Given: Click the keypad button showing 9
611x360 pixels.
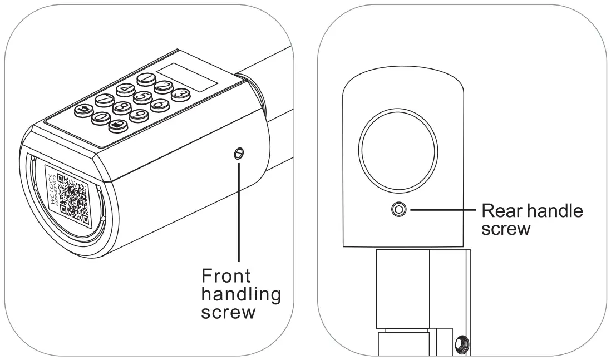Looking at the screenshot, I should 140,115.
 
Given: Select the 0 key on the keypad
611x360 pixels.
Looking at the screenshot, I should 101,117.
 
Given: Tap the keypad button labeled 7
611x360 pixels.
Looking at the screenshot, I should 105,100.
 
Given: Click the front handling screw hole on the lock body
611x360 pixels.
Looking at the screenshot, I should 239,154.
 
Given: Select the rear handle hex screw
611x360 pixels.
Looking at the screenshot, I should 399,210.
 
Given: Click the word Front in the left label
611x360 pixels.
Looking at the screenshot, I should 225,276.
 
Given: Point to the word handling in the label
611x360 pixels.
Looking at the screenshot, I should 240,294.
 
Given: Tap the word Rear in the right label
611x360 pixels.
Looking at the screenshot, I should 498,211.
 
